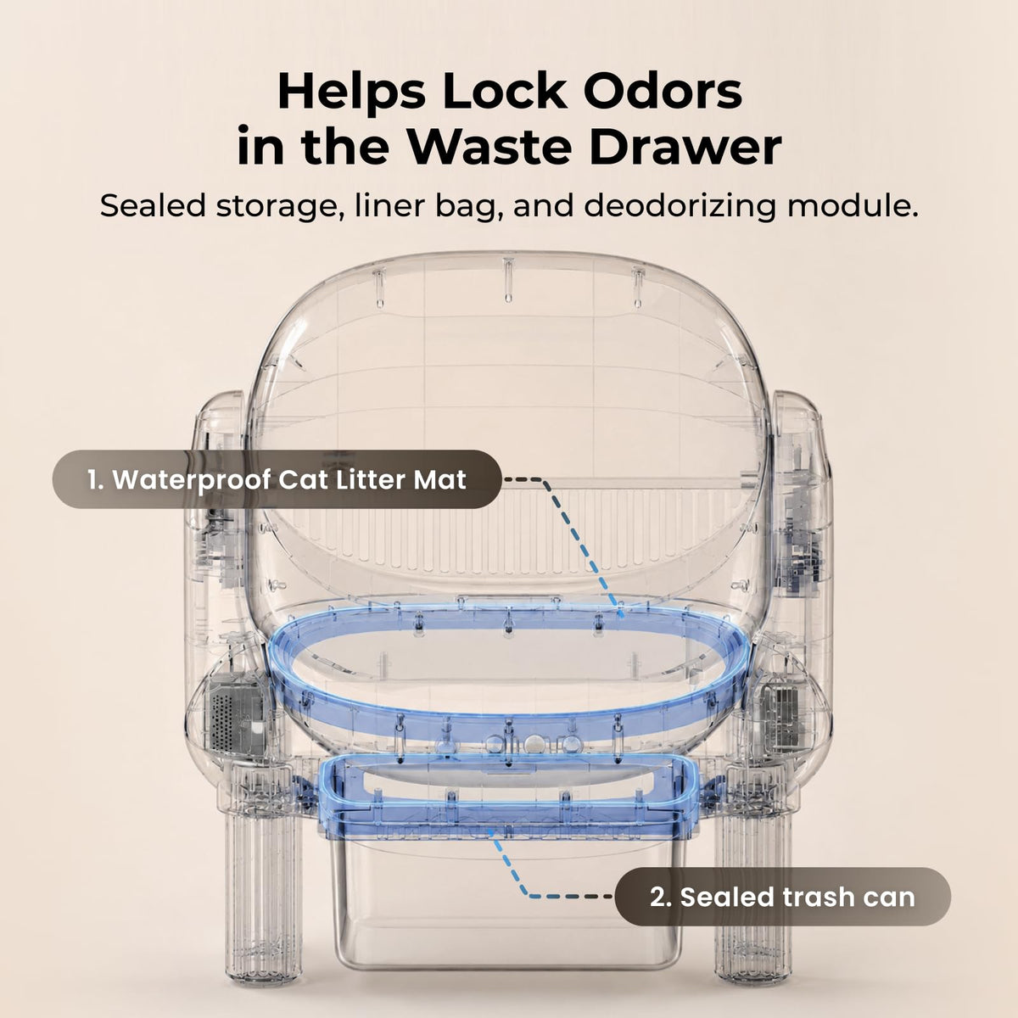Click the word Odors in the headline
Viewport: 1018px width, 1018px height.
[663, 92]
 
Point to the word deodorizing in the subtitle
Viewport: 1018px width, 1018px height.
[680, 206]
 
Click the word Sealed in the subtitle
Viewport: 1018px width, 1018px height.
[153, 205]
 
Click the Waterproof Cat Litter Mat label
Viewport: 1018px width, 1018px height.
[277, 479]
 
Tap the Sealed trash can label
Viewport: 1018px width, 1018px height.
[782, 897]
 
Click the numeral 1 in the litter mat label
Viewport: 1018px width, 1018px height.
[93, 479]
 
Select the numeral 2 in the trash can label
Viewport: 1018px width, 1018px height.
[658, 897]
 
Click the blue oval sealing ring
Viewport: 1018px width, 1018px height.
[507, 717]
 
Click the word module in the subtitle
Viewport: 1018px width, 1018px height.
[853, 205]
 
